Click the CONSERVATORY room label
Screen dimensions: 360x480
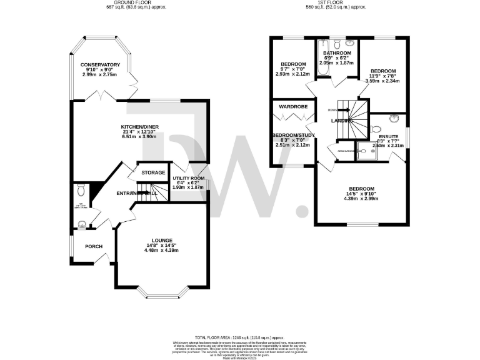tap(100, 65)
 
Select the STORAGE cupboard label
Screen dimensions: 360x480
tap(153, 172)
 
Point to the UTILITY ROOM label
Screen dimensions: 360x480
tap(188, 178)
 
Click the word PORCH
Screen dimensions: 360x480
tap(94, 246)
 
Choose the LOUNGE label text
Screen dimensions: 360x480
tap(162, 240)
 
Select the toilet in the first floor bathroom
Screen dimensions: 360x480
tap(337, 44)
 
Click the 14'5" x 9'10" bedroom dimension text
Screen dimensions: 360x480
tap(361, 194)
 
